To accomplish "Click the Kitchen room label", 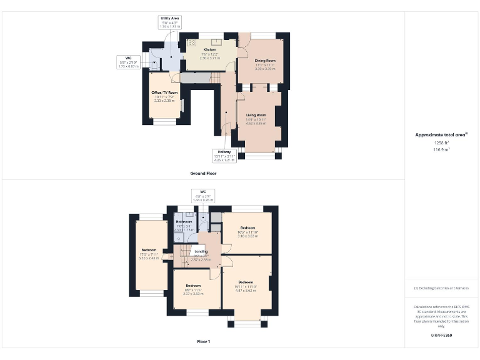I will point(210,49).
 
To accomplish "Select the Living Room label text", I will point(256,115).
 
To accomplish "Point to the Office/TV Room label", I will point(165,92).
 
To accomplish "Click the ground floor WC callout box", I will point(128,62).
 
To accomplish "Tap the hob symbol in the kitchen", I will point(192,43).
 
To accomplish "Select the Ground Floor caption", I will point(204,173).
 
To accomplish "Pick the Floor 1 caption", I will point(204,342).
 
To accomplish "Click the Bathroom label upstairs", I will point(184,222).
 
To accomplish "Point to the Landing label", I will point(201,252).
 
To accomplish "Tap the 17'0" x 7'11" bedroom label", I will point(149,250).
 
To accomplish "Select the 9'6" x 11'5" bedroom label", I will point(192,286).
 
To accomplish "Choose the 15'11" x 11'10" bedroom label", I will point(248,282).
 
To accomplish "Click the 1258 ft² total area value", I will point(441,143).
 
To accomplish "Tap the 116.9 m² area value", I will point(441,150).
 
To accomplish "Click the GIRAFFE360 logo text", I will point(441,336).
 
